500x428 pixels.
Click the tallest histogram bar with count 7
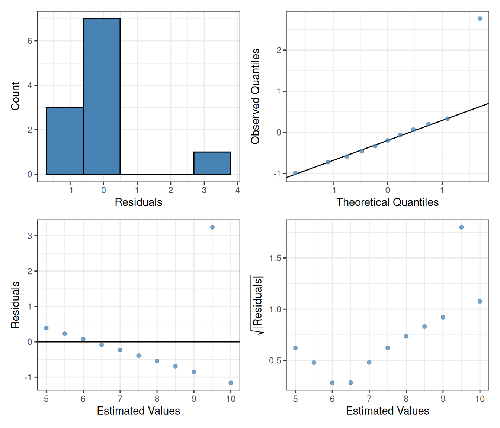click(102, 97)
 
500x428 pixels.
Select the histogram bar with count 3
click(64, 141)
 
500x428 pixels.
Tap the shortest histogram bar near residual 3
click(212, 163)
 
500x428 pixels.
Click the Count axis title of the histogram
click(15, 96)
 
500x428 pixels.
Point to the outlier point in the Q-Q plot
click(480, 19)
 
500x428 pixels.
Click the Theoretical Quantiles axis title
click(387, 202)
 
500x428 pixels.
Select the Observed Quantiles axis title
click(255, 96)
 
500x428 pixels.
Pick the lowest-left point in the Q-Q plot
click(295, 173)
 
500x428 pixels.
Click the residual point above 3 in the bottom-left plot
click(212, 227)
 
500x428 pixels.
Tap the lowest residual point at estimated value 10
click(231, 383)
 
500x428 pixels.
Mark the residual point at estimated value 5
click(46, 328)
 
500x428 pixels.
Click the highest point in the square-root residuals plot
click(461, 227)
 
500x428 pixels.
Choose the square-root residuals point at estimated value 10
click(480, 301)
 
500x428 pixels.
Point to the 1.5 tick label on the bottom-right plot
click(275, 258)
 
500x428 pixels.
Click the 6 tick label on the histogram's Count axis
click(30, 41)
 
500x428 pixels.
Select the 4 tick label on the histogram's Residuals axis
click(238, 190)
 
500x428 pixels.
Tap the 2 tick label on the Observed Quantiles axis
click(279, 50)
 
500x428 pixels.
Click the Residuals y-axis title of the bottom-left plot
click(15, 305)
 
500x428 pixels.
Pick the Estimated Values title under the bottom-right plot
click(387, 411)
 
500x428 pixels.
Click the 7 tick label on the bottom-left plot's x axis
click(120, 399)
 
